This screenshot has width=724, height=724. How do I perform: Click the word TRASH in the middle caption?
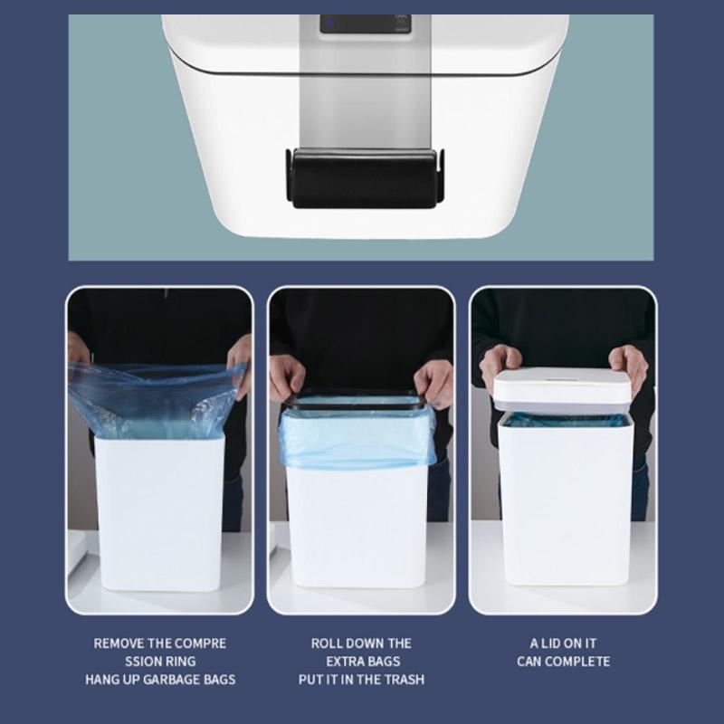pyautogui.click(x=404, y=679)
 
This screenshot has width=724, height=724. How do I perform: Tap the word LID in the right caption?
pyautogui.click(x=556, y=643)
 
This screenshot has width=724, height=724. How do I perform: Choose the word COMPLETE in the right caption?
pyautogui.click(x=579, y=662)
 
